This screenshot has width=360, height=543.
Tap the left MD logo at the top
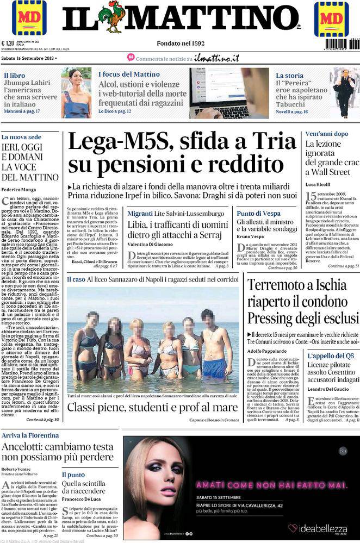29,18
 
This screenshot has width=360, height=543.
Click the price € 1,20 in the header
8,43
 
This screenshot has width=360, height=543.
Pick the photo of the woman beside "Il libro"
76,93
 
